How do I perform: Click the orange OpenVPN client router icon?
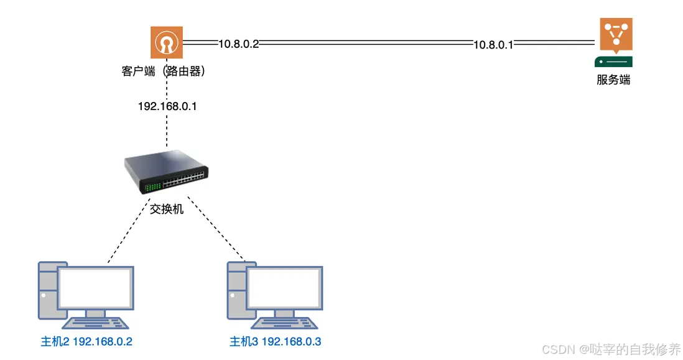click(166, 43)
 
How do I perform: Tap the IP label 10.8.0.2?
click(238, 44)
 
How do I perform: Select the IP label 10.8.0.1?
click(493, 44)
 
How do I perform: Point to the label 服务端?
click(613, 80)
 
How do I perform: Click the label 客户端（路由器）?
click(163, 72)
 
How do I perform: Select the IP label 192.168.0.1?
click(167, 106)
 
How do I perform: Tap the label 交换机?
click(167, 209)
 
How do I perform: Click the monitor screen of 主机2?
click(96, 288)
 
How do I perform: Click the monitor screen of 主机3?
click(284, 288)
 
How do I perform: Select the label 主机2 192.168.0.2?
click(86, 341)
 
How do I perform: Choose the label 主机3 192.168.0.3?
click(275, 341)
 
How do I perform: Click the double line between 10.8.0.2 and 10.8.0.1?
click(367, 44)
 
